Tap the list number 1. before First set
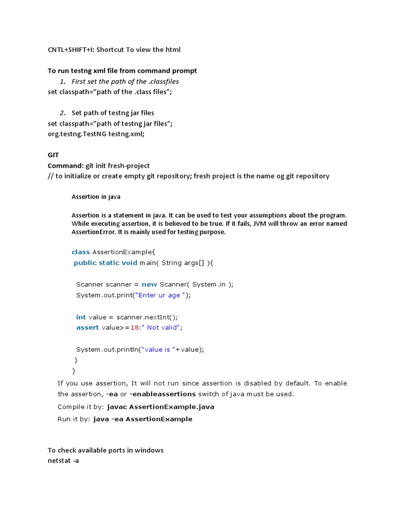(62, 81)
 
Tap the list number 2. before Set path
(62, 113)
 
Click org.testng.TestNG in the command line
(77, 134)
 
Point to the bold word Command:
(65, 166)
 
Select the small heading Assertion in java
(96, 197)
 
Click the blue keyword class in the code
(80, 252)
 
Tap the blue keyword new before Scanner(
(149, 284)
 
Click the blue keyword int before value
(81, 317)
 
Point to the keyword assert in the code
(87, 327)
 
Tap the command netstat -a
(63, 461)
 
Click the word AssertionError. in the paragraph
(95, 232)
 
